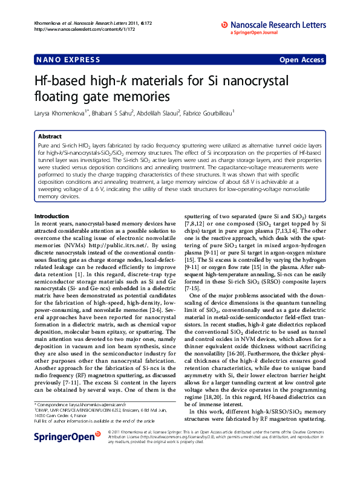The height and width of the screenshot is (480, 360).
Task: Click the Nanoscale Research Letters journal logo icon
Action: [x=224, y=25]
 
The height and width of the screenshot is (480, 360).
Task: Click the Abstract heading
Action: [x=49, y=137]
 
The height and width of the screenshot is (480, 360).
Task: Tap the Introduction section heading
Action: [x=51, y=216]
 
